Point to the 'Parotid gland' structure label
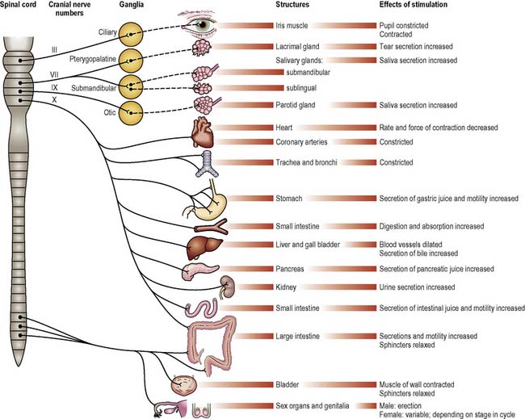click(x=294, y=105)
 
